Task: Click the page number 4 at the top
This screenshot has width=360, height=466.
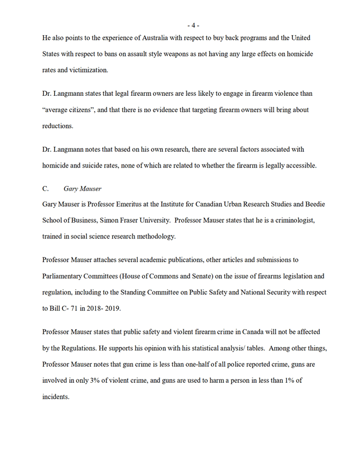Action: (x=193, y=25)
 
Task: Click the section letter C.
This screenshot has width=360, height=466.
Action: (x=46, y=188)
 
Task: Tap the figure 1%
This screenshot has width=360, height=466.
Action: (x=295, y=382)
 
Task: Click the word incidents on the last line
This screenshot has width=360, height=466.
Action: (x=56, y=397)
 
